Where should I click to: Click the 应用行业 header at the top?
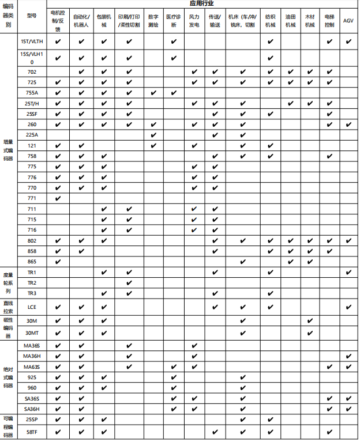click(201, 3)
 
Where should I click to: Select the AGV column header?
click(348, 21)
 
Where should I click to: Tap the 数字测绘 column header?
click(153, 21)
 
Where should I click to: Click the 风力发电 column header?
click(194, 21)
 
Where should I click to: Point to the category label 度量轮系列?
click(8, 283)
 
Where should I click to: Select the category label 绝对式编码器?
click(8, 377)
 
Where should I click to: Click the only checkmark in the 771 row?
click(58, 198)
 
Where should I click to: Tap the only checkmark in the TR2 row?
click(129, 283)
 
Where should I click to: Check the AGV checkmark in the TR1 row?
click(348, 272)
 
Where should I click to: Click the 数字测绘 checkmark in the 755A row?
click(153, 93)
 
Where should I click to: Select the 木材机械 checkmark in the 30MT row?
click(310, 333)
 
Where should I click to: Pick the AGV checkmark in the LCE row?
click(348, 307)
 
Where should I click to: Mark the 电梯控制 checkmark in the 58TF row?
click(329, 431)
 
